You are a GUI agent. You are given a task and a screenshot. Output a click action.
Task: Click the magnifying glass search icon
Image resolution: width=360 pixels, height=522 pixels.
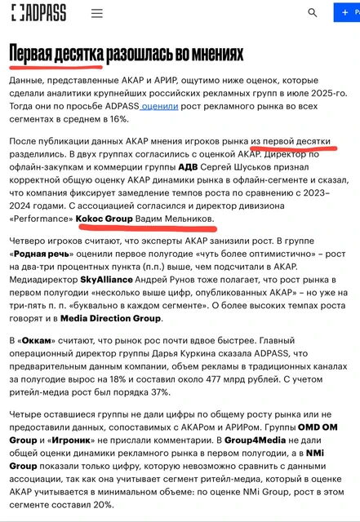tap(312, 13)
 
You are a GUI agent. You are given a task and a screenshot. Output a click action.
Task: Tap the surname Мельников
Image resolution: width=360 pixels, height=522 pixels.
tap(183, 219)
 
